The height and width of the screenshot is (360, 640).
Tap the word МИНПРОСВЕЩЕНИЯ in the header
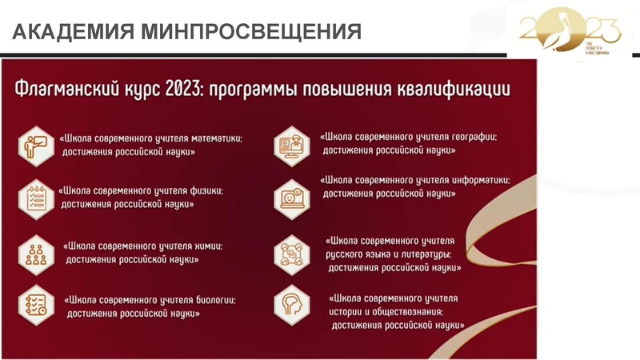tap(249, 32)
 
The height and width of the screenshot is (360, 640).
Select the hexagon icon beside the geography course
tap(291, 144)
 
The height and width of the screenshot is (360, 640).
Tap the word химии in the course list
tap(206, 246)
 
